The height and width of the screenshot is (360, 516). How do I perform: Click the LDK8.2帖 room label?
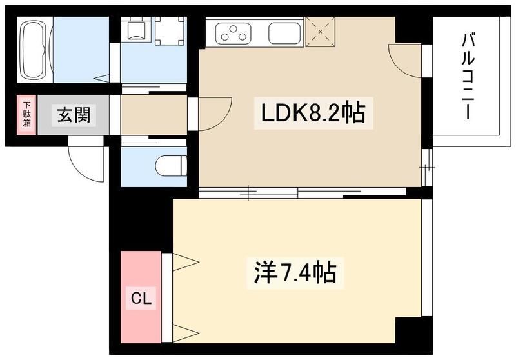click(x=312, y=114)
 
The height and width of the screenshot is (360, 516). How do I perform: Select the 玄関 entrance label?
click(x=73, y=115)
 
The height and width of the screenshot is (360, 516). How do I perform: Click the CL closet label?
click(x=142, y=298)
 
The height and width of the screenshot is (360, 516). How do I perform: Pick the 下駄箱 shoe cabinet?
click(x=26, y=115)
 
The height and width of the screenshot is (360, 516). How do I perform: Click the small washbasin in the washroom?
click(x=137, y=30)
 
